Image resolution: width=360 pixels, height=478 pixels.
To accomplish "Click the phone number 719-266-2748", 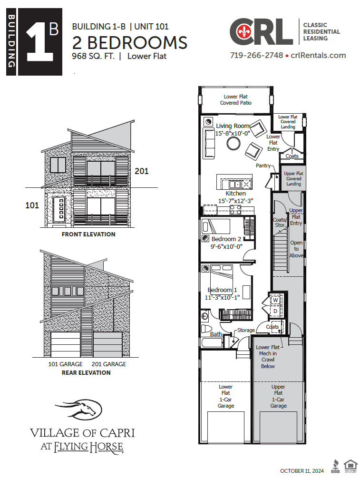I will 256,55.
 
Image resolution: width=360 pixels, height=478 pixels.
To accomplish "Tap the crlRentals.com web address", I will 318,55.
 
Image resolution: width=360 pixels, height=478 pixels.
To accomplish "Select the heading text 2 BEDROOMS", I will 129,42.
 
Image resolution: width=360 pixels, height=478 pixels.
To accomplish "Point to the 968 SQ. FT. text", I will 93,57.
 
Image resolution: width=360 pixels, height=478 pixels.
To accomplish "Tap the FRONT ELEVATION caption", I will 88,234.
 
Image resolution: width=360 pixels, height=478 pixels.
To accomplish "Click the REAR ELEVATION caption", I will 86,372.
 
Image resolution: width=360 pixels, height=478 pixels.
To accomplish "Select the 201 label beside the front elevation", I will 142,171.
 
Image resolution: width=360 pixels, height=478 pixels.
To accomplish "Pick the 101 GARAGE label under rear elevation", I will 65,364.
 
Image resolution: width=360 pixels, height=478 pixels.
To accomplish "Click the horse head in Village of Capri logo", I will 80,408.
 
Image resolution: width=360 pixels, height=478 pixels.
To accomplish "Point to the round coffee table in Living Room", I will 234,143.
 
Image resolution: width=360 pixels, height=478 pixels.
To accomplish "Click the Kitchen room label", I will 235,194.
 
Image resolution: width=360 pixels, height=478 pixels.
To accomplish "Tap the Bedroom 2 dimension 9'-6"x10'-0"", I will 227,246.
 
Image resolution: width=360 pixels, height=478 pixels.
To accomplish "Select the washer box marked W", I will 275,300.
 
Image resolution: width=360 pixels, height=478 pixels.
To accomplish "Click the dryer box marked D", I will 275,311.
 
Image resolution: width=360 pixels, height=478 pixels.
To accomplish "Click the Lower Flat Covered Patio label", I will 235,100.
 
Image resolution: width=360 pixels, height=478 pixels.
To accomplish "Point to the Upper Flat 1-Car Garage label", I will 278,396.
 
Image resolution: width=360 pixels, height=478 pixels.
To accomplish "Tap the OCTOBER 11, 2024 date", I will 302,470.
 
